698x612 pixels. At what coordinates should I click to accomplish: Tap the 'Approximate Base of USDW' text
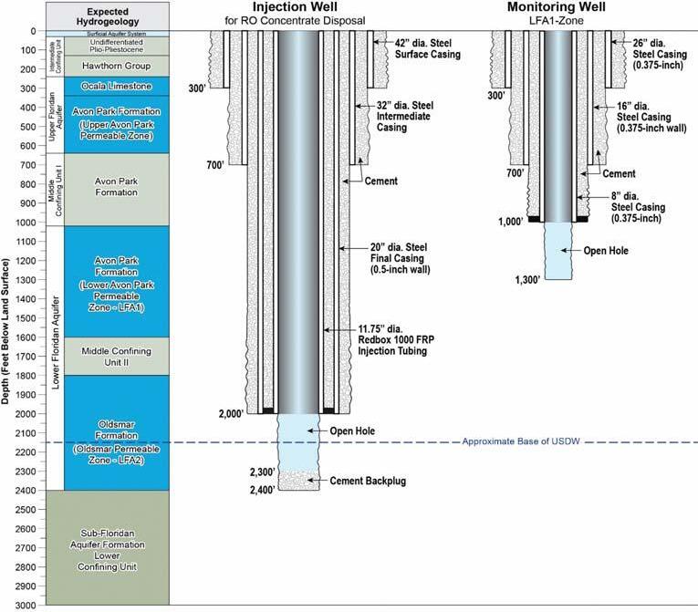[521, 442]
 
